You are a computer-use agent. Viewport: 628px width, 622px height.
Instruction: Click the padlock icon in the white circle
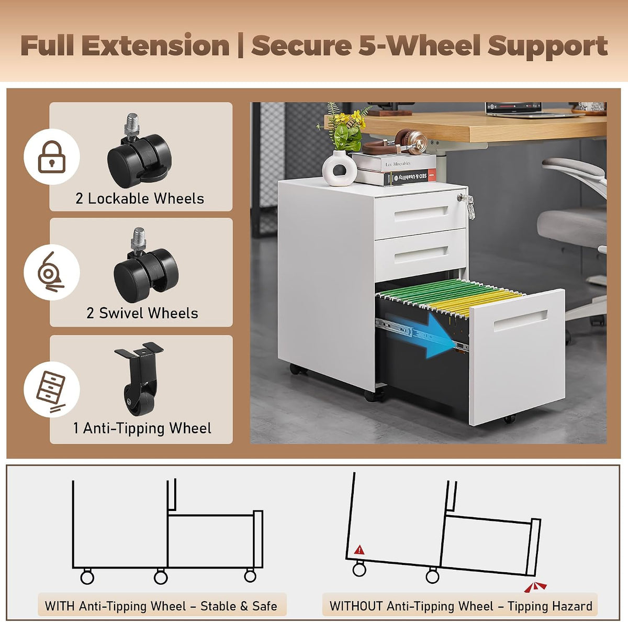point(51,157)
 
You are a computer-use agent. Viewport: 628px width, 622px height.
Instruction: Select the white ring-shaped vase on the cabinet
point(340,168)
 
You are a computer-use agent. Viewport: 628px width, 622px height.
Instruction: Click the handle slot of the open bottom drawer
point(520,320)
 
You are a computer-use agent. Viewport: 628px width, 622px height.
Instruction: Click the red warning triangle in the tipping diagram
point(359,550)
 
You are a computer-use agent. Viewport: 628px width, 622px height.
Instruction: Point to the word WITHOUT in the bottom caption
point(356,606)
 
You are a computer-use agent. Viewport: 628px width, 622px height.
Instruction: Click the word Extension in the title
point(155,46)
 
